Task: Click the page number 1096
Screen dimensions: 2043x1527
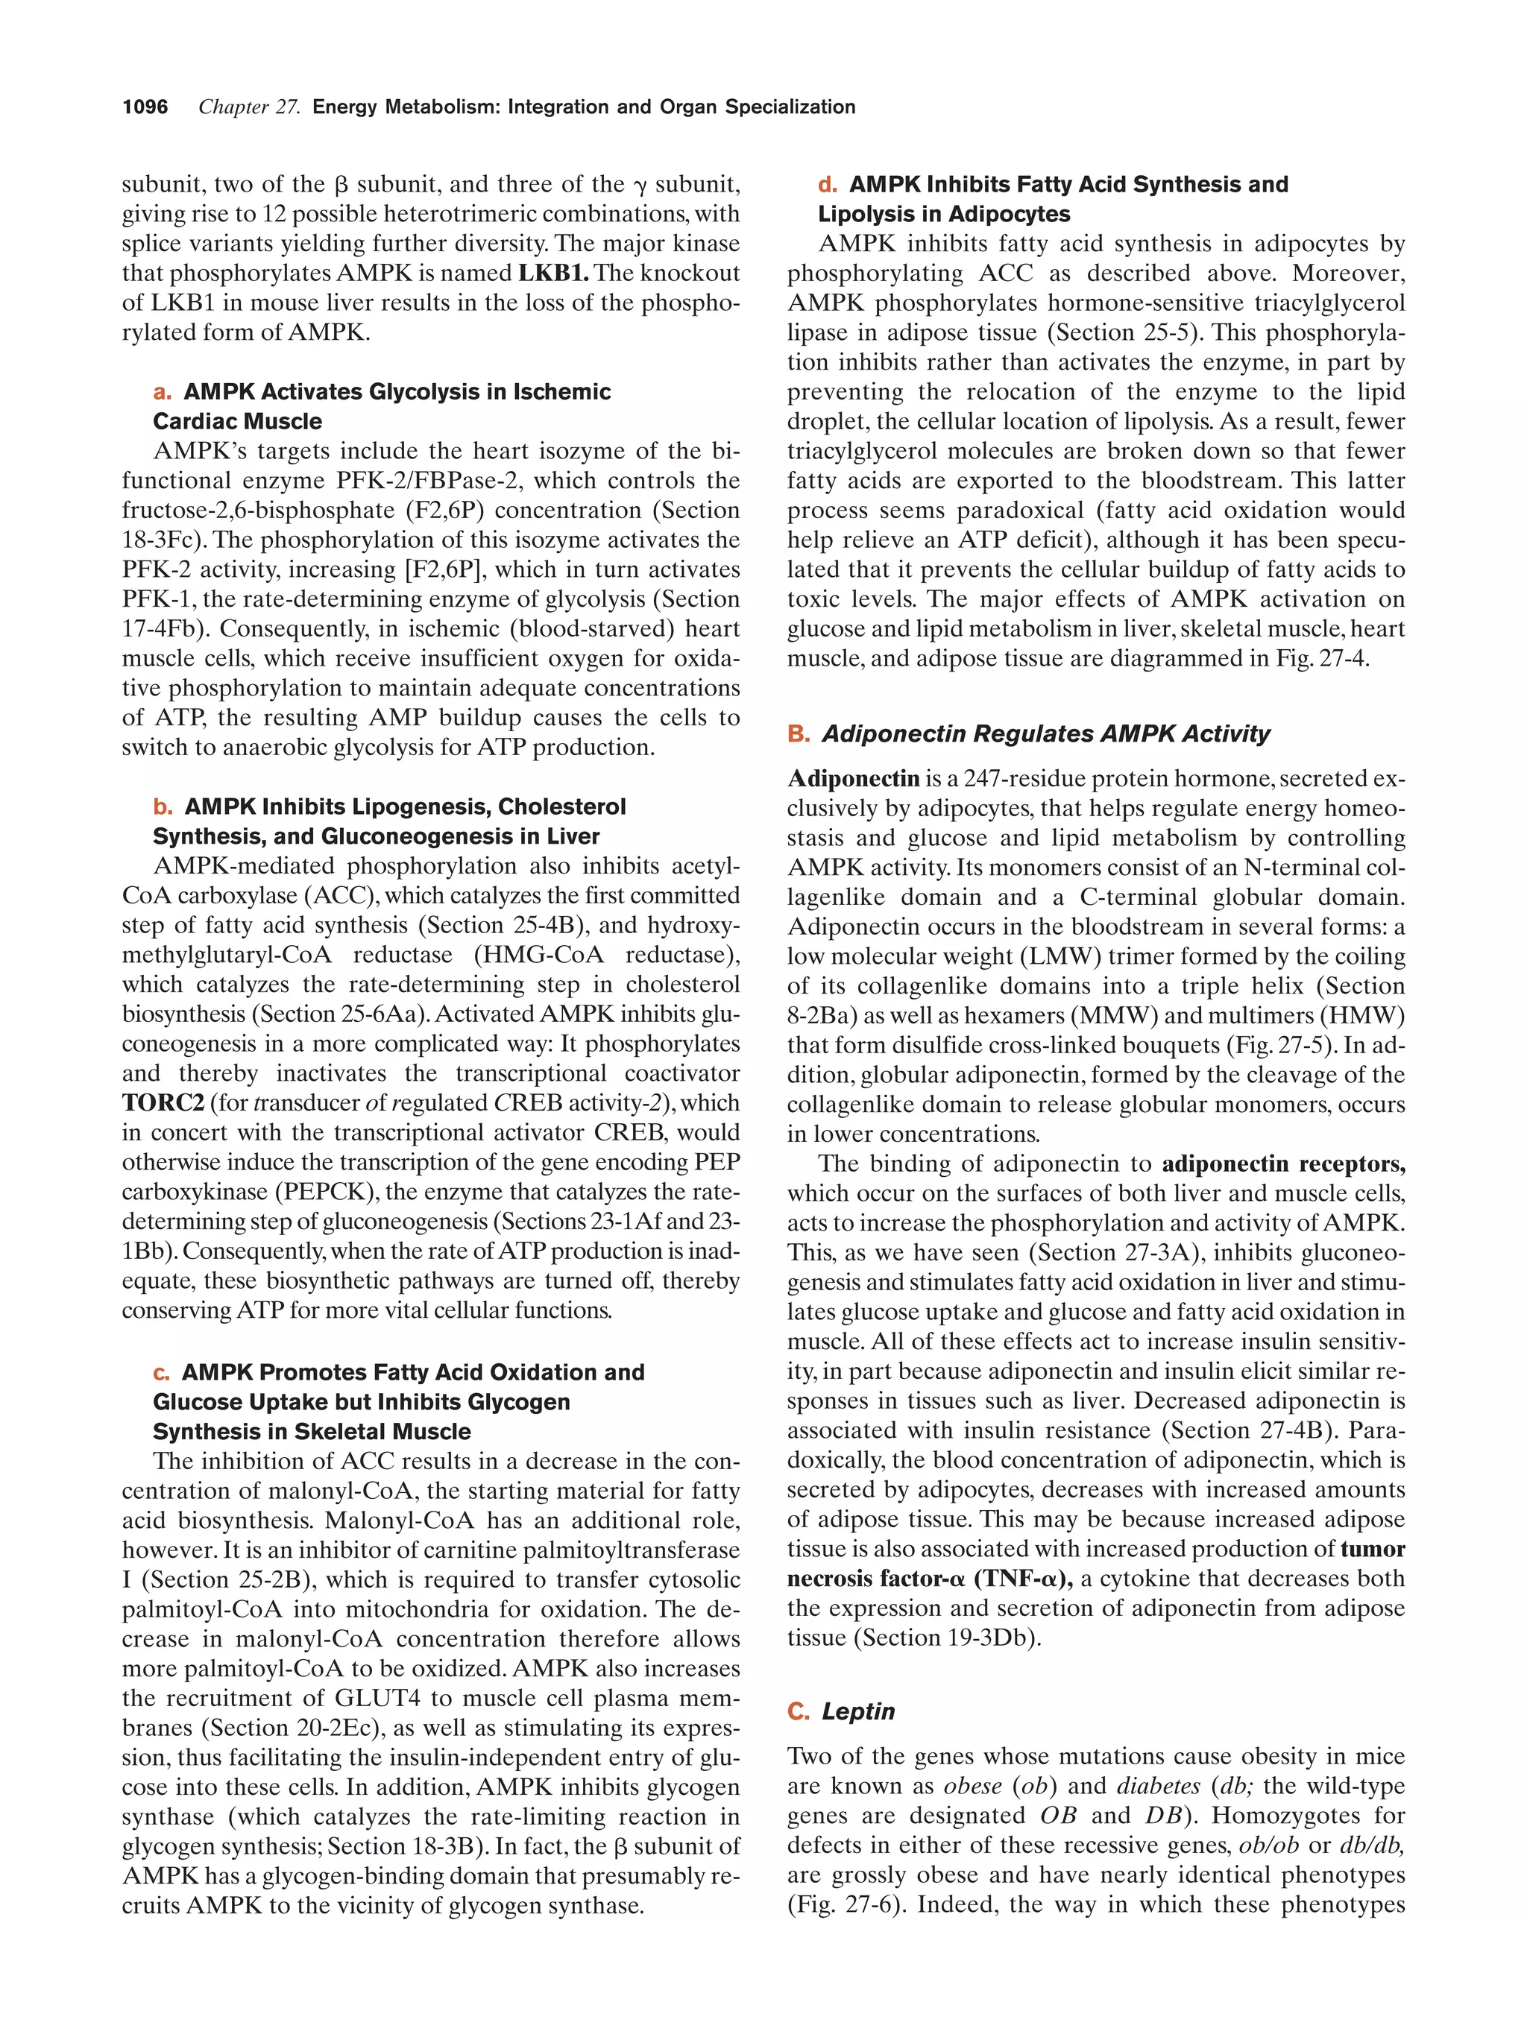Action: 145,107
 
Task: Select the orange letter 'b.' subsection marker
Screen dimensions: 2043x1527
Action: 163,806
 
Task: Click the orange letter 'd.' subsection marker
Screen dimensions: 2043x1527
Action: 827,185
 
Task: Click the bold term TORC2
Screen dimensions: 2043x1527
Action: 163,1103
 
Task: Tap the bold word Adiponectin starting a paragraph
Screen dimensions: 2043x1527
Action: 853,779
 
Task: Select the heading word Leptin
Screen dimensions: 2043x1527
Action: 858,1711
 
